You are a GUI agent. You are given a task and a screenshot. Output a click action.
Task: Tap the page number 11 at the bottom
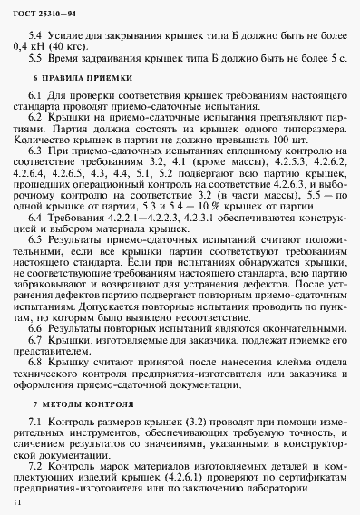[16, 500]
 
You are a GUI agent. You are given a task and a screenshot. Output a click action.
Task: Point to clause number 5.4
[37, 31]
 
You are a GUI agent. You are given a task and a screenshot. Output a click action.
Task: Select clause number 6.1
[37, 96]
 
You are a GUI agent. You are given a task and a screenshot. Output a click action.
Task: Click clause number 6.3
[37, 156]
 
